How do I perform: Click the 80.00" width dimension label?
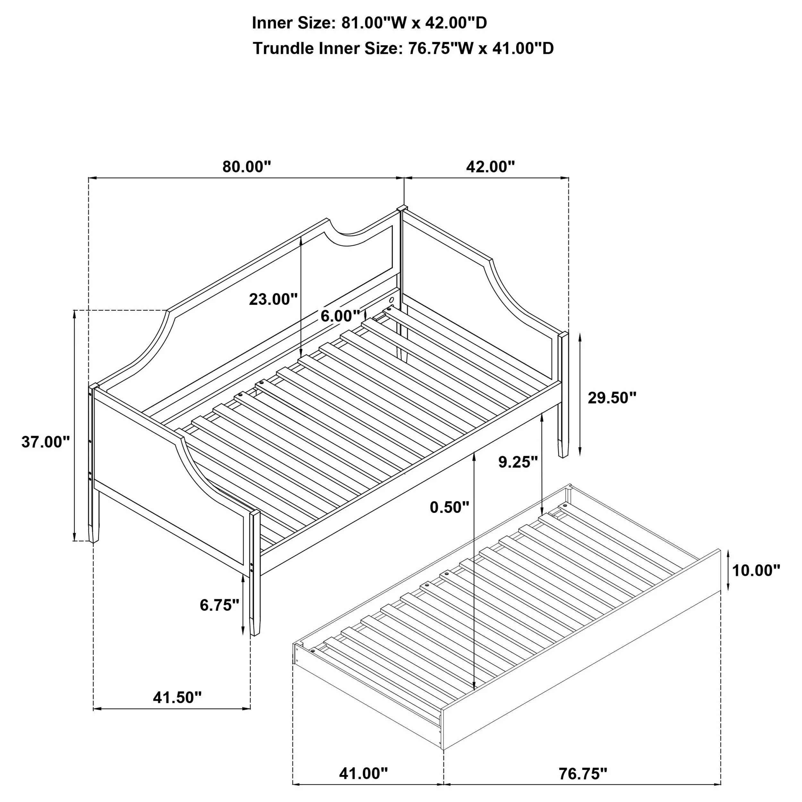tap(247, 167)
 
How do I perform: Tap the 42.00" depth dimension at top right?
tap(490, 167)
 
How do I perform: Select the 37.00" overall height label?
tap(46, 442)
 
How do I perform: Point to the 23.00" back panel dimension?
tap(273, 299)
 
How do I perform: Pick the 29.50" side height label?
tap(612, 398)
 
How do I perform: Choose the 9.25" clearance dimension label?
tap(518, 462)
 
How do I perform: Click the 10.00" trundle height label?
tap(756, 570)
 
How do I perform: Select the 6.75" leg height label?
tap(219, 605)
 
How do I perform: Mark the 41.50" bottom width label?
tap(177, 698)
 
